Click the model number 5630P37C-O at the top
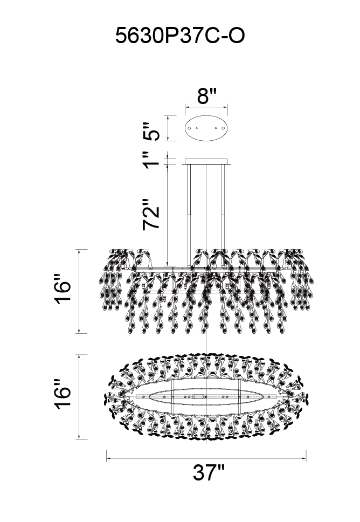point(180,36)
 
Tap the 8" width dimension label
point(206,96)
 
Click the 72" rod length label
point(151,215)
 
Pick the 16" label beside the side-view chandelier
point(63,289)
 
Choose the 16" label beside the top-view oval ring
point(63,394)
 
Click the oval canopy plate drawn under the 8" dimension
point(206,128)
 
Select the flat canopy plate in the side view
point(206,161)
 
